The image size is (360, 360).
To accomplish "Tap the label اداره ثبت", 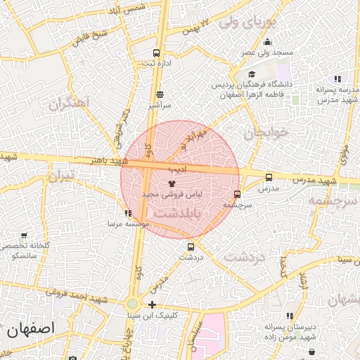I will [157, 63].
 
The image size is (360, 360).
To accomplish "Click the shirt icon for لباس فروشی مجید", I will [172, 181].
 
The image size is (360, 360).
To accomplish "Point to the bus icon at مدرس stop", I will [269, 178].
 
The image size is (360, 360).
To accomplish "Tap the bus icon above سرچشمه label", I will [237, 194].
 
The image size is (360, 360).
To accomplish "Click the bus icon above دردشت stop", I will [191, 247].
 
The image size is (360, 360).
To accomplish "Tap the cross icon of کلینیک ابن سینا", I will [153, 304].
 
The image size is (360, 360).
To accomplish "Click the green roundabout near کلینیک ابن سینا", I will [132, 304].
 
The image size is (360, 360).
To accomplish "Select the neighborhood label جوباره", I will [266, 132].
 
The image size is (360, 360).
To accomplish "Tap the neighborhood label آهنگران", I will [70, 104].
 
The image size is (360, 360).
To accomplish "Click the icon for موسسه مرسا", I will [127, 213].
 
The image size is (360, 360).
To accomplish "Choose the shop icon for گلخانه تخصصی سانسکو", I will [25, 236].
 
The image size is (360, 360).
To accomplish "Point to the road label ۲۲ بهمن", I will [196, 27].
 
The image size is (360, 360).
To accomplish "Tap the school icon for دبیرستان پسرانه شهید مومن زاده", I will [290, 316].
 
